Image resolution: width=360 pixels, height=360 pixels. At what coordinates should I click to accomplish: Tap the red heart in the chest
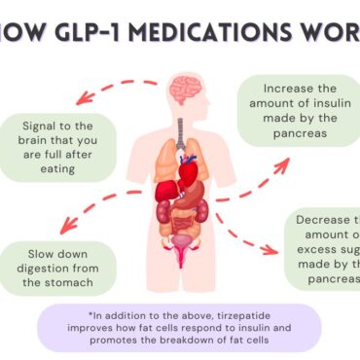[x=187, y=169]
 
